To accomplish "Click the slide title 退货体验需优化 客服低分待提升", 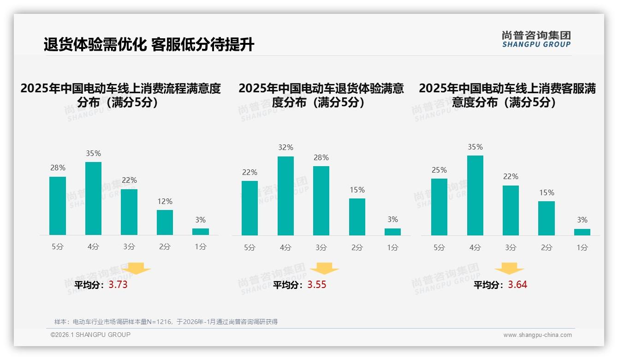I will pyautogui.click(x=149, y=45).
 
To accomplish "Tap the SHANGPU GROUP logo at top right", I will pyautogui.click(x=536, y=39).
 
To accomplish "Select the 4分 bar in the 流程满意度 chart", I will pyautogui.click(x=94, y=198).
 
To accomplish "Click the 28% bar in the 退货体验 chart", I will pyautogui.click(x=321, y=201).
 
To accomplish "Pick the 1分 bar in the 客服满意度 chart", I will pyautogui.click(x=582, y=232).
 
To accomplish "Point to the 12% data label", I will pyautogui.click(x=165, y=201).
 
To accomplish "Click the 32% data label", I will pyautogui.click(x=285, y=148).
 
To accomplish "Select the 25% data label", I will pyautogui.click(x=439, y=170).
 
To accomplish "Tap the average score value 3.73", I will pyautogui.click(x=118, y=285).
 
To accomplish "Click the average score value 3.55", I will pyautogui.click(x=317, y=285).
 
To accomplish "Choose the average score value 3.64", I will pyautogui.click(x=517, y=285).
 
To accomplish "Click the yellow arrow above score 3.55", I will pyautogui.click(x=324, y=268).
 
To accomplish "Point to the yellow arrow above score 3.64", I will pyautogui.click(x=509, y=268).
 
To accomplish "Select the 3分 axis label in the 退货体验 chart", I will pyautogui.click(x=321, y=247).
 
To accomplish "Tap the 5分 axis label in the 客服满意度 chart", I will pyautogui.click(x=439, y=247).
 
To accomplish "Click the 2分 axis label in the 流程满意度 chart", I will pyautogui.click(x=165, y=247).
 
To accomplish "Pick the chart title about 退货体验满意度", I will pyautogui.click(x=321, y=95).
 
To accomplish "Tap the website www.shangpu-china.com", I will pyautogui.click(x=537, y=335).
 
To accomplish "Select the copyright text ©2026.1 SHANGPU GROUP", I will pyautogui.click(x=90, y=335).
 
